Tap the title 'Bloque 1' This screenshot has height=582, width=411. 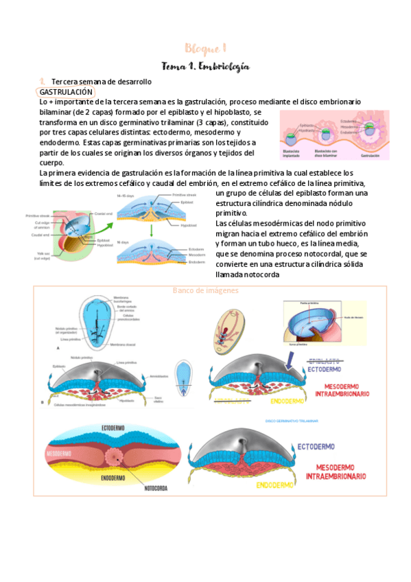(x=205, y=48)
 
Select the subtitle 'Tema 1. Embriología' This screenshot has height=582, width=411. (x=205, y=67)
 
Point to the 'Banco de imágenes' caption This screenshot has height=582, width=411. (x=205, y=290)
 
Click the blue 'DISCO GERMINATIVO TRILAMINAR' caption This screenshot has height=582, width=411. (x=296, y=420)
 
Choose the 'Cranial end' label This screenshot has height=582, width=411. (x=103, y=213)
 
